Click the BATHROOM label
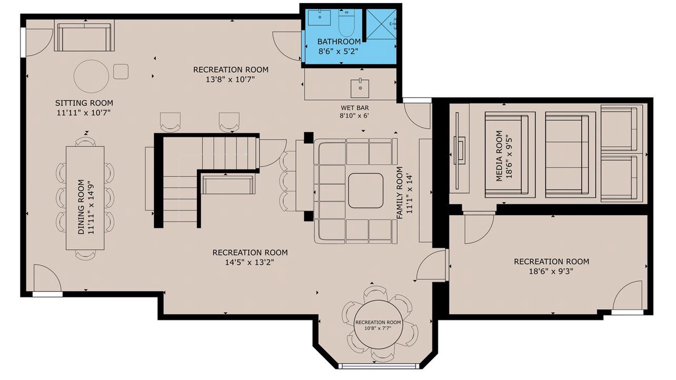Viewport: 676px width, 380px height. tap(339, 41)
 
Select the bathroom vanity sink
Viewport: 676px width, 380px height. tap(319, 18)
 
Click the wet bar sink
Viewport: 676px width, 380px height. tap(360, 88)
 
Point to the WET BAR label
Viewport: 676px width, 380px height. tap(354, 108)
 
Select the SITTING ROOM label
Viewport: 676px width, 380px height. tap(84, 103)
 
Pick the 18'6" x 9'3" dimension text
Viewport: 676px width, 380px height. tap(551, 271)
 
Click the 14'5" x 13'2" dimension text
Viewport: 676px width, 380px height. tap(249, 262)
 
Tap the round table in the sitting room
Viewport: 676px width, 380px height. tap(91, 77)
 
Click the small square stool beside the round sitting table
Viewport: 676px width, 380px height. tap(121, 72)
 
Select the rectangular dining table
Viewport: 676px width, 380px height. tap(85, 198)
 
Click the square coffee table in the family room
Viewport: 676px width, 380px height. tap(366, 191)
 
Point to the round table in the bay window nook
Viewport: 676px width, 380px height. tap(378, 325)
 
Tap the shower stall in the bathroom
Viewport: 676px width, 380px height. tap(381, 24)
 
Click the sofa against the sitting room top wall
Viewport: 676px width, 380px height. tap(84, 37)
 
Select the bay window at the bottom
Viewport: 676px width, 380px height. tap(379, 366)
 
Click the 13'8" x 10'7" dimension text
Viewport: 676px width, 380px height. tap(231, 80)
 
